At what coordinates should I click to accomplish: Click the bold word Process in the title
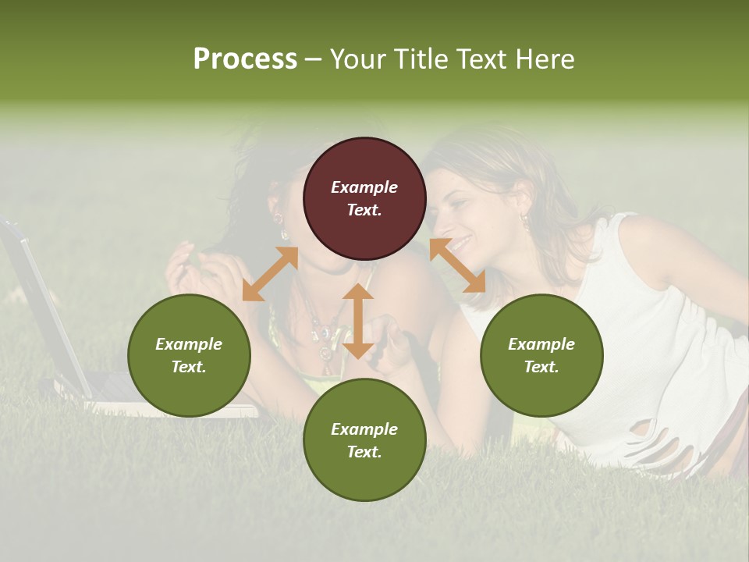(245, 59)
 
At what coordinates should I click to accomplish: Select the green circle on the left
(189, 355)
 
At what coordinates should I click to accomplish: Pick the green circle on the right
(541, 355)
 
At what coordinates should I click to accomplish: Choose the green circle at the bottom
(364, 439)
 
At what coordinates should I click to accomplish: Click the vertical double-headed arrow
(358, 321)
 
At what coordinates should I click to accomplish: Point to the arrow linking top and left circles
(270, 274)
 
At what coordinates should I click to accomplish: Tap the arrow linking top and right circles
(457, 265)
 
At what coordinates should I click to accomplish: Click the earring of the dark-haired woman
(284, 233)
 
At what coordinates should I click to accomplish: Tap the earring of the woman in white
(525, 223)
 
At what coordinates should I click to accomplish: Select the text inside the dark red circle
(364, 198)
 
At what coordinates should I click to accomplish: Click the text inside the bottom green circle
(364, 440)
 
